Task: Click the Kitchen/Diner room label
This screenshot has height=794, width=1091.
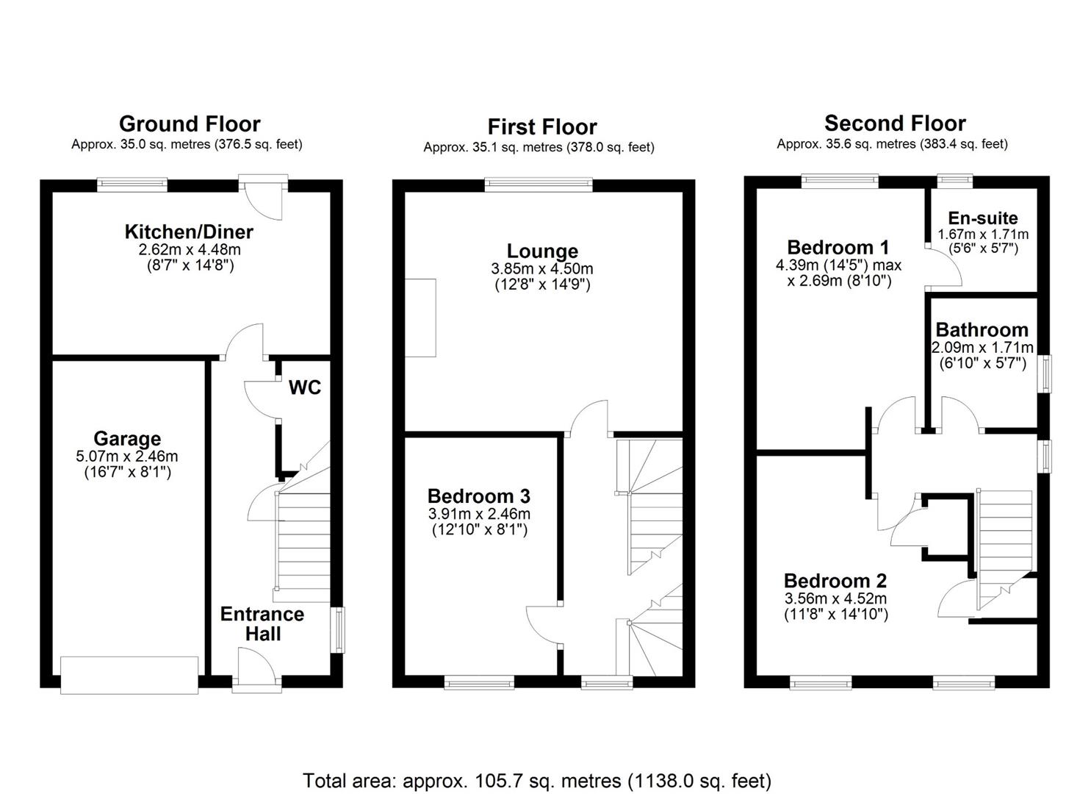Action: [189, 232]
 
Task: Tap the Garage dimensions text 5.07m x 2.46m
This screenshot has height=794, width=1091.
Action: [126, 457]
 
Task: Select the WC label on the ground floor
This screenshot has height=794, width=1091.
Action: [304, 387]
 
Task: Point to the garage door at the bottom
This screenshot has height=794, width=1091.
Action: [129, 674]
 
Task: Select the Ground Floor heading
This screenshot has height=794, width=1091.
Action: [190, 124]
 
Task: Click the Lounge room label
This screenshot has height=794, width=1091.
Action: [542, 251]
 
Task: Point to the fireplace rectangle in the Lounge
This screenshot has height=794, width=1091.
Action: [420, 318]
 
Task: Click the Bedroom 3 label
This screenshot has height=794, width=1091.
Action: [478, 496]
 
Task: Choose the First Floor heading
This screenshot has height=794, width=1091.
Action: [542, 126]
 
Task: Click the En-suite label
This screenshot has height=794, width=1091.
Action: [982, 218]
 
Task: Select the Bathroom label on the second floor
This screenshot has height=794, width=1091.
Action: [982, 330]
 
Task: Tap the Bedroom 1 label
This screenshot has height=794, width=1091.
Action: [838, 247]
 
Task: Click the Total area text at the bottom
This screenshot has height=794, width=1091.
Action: [537, 780]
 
